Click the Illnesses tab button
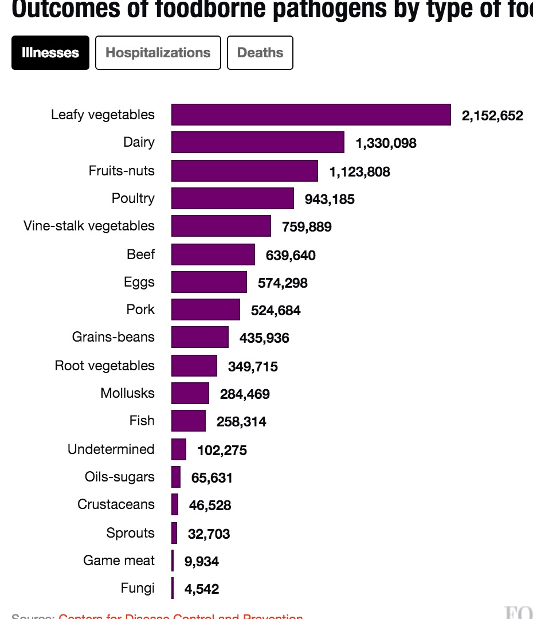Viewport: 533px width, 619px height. tap(50, 53)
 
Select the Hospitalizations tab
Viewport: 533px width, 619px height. tap(158, 53)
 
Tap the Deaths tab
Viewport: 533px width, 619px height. tap(260, 53)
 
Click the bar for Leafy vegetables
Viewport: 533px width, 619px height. tap(311, 115)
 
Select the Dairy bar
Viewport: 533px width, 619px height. tap(258, 142)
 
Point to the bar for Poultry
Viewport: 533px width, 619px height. tap(233, 198)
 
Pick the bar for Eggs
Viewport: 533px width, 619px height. tap(209, 282)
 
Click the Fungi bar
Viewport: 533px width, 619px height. tap(173, 589)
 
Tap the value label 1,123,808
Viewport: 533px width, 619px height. tap(359, 171)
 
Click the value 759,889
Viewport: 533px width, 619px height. tap(307, 227)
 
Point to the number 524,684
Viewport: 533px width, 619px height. tap(276, 311)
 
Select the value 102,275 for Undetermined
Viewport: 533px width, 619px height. tap(222, 450)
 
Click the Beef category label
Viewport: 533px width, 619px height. tap(141, 254)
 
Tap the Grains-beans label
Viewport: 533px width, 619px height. tap(113, 336)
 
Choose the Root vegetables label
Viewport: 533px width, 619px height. tap(105, 366)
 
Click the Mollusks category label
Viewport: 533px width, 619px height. tap(127, 393)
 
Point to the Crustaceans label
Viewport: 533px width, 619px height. tap(116, 504)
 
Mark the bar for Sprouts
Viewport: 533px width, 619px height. tap(174, 533)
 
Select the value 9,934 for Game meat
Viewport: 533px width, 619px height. tap(201, 562)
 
